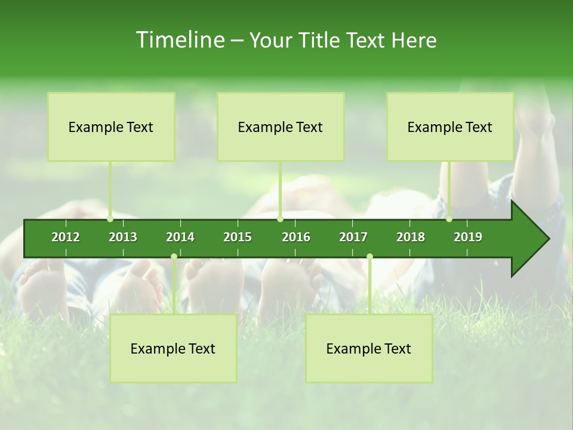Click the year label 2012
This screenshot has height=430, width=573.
coord(66,237)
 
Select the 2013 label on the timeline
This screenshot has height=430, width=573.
coord(123,237)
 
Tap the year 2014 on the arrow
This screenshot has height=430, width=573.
coord(180,237)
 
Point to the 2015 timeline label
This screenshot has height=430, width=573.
coord(238,237)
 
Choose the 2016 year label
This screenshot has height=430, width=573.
coord(296,237)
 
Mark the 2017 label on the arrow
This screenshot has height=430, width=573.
coord(353,237)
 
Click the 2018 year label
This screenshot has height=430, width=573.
coord(411,237)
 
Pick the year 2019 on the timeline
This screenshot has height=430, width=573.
coord(468,237)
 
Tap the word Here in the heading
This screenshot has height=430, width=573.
coord(414,40)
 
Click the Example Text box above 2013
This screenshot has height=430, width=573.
coord(111,127)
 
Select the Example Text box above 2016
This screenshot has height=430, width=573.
coord(281,127)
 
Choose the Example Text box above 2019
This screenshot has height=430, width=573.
coord(450,127)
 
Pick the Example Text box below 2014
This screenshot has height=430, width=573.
coord(173,348)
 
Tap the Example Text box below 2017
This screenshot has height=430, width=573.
coord(369,348)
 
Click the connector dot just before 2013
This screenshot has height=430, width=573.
coord(110,219)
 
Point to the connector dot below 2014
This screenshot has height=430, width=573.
coord(174,257)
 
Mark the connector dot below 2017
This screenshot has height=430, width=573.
coord(369,257)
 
